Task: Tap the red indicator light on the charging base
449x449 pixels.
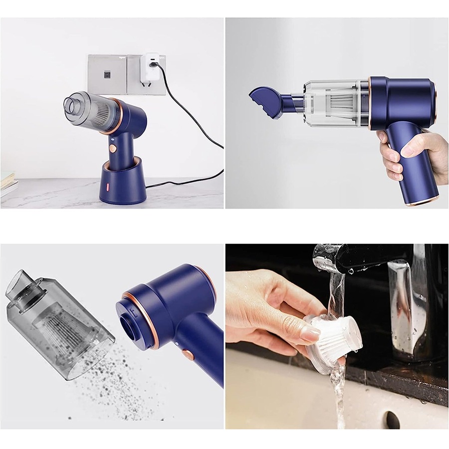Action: pos(106,188)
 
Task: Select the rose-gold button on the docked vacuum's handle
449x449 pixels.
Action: pos(113,148)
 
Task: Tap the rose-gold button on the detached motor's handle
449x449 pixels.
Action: pos(188,355)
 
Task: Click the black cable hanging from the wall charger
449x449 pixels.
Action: pos(200,125)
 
